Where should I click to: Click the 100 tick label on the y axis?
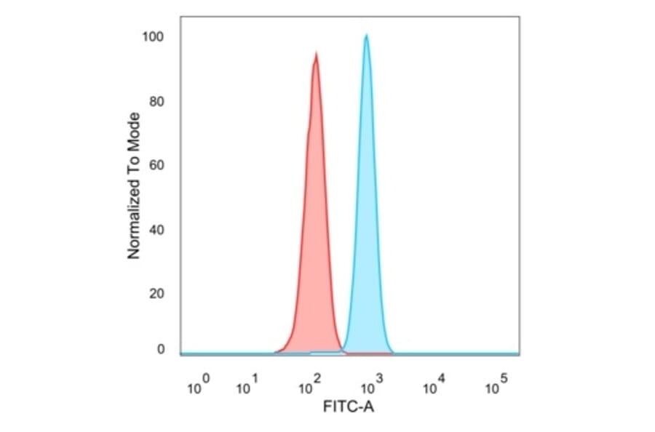point(154,37)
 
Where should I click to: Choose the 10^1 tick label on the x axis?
point(247,386)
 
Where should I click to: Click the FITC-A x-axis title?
point(349,408)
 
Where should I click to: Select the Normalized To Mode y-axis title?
point(134,185)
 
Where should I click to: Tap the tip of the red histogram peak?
point(316,52)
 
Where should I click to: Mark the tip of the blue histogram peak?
point(366,34)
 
